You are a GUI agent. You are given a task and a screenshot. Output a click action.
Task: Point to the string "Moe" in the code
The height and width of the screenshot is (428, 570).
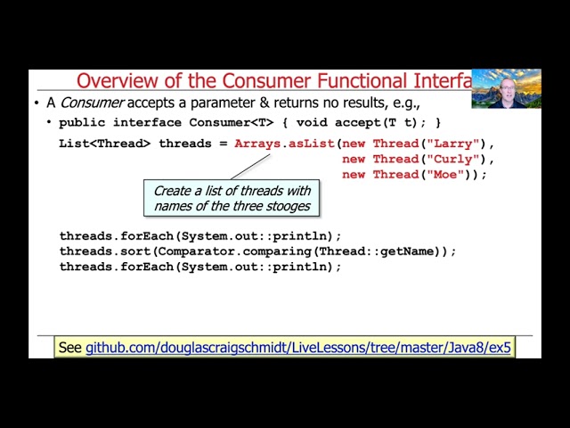[446, 175]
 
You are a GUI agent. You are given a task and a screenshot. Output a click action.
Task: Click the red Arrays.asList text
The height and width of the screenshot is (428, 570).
[284, 144]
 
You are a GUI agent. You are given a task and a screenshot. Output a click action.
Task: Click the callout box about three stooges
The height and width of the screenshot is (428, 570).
[232, 198]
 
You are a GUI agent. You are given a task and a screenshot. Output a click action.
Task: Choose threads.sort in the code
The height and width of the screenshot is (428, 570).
[105, 251]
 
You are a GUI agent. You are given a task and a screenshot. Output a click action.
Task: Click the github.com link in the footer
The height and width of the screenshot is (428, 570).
[298, 348]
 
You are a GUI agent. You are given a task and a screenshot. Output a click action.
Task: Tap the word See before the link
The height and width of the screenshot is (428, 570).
[69, 348]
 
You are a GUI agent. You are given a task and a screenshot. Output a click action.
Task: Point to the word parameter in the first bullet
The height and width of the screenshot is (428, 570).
[210, 103]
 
